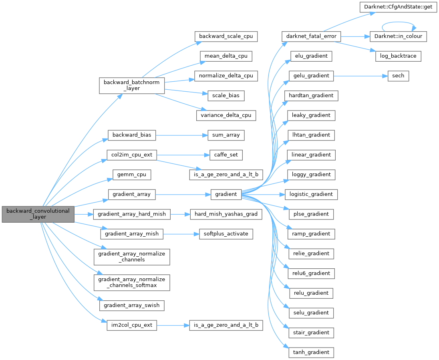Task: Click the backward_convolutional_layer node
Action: [38, 214]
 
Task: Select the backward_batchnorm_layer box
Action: [132, 85]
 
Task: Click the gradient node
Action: [226, 194]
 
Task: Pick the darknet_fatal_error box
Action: [311, 36]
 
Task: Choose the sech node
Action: [398, 76]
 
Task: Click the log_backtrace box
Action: [398, 56]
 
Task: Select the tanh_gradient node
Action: [311, 352]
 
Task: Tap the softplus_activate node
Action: [226, 233]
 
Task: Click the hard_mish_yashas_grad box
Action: [226, 214]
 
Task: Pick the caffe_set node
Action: [226, 155]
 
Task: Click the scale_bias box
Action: [226, 95]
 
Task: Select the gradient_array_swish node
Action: [132, 305]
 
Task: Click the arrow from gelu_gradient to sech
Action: [360, 76]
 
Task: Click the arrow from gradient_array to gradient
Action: [183, 194]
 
